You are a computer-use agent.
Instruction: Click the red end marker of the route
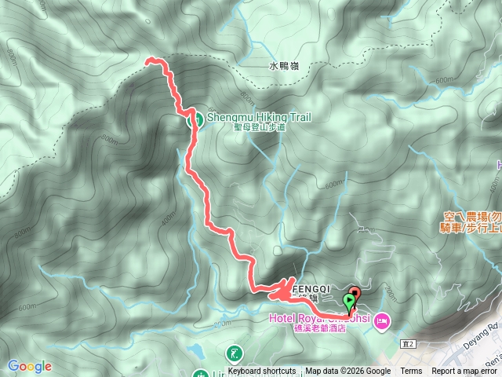353,296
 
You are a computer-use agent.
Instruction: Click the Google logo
30,366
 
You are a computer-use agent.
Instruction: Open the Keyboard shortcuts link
262,372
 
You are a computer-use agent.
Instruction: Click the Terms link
411,372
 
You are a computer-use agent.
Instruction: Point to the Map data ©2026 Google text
347,372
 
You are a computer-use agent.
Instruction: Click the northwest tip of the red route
149,60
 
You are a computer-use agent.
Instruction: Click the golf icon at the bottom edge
235,353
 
